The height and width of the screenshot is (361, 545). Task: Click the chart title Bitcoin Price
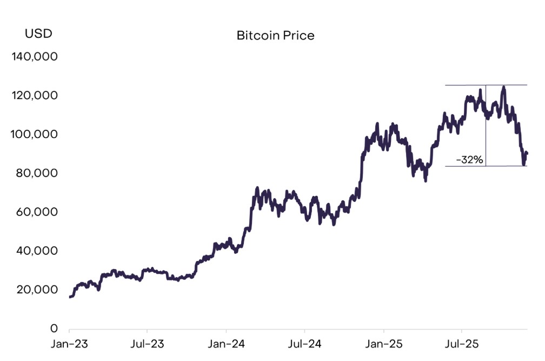coord(275,36)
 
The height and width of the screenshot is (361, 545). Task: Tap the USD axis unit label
coord(38,34)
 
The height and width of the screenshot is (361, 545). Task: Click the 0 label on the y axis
coord(54,329)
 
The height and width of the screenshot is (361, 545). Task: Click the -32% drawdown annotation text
coord(470,160)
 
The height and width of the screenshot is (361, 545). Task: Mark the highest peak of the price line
coord(503,87)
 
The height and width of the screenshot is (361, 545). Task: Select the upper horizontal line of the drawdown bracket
coord(465,85)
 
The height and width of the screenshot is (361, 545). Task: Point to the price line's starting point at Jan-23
coord(70,297)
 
